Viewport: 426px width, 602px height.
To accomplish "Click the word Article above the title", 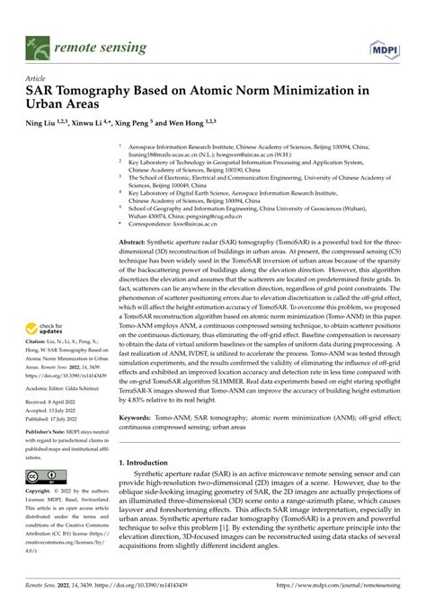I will pos(39,77).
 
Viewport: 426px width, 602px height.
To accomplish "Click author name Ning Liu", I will pos(43,124).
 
